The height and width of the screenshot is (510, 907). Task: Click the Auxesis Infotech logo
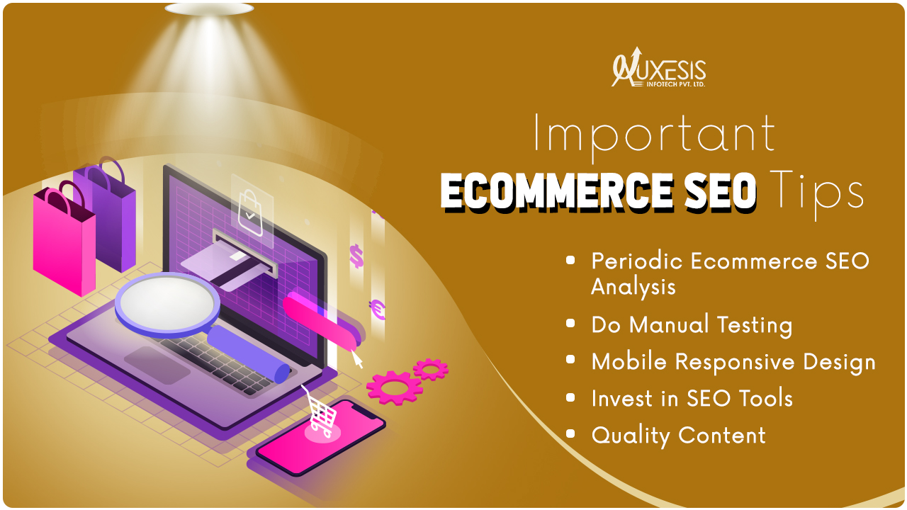point(659,67)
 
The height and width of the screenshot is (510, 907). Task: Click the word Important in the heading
point(654,135)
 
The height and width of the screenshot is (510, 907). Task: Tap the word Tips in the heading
point(816,193)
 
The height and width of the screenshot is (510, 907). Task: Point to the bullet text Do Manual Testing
point(692,325)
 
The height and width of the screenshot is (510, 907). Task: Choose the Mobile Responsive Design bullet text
point(733,361)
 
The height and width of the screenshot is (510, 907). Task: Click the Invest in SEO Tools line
point(692,398)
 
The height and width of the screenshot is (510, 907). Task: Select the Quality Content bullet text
point(678,436)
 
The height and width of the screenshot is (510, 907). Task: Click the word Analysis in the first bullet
point(633,288)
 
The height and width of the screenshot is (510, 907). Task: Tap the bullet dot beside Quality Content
point(570,433)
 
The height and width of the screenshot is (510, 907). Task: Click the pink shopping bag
point(64,239)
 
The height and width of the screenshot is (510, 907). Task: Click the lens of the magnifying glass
point(167,304)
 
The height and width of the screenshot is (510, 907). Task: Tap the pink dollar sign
point(356,256)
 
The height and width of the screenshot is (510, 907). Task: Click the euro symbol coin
point(378,310)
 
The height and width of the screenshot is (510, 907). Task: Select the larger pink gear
point(395,387)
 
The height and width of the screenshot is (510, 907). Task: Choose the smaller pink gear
point(431,369)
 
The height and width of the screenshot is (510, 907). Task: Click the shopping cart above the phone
point(321,413)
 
